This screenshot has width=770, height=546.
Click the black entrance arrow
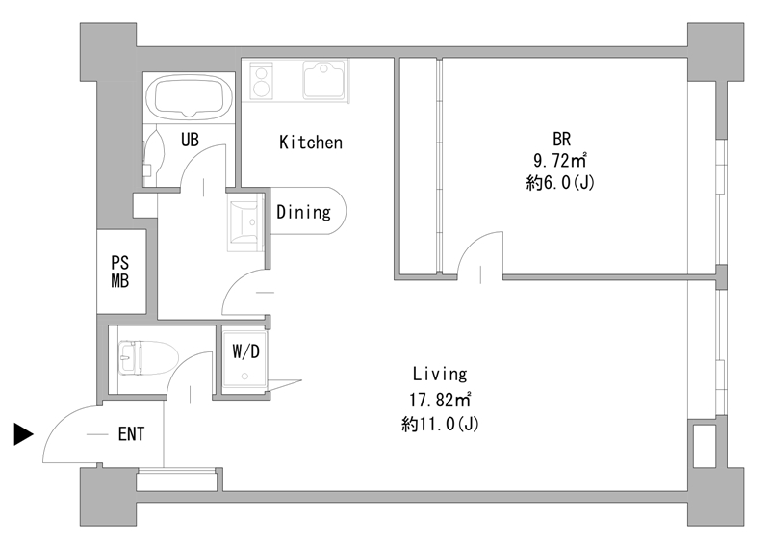point(22,434)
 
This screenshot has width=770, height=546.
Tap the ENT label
point(131,434)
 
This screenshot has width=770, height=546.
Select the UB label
point(190,140)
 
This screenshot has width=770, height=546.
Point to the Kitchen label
point(310,143)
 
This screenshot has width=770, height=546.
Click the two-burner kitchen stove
point(261,80)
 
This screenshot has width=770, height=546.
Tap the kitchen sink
point(323,80)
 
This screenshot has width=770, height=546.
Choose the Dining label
point(303,212)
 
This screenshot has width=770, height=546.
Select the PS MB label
point(119,272)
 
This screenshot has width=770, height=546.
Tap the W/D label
point(245,351)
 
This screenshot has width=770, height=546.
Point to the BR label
point(562,139)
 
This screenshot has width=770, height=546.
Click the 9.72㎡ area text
point(561,160)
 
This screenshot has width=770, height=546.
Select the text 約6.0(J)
point(560,183)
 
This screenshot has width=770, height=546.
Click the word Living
point(440,374)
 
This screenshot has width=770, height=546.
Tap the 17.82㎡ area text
point(441,400)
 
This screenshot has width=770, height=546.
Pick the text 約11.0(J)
point(440,424)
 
